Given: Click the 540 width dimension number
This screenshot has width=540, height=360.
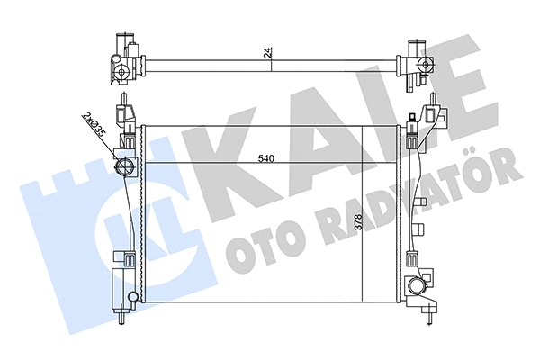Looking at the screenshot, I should coord(265,159).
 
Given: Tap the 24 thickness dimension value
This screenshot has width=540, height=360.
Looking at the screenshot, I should coord(267,52).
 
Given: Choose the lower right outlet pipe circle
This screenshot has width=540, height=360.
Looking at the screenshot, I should coord(417,287).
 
